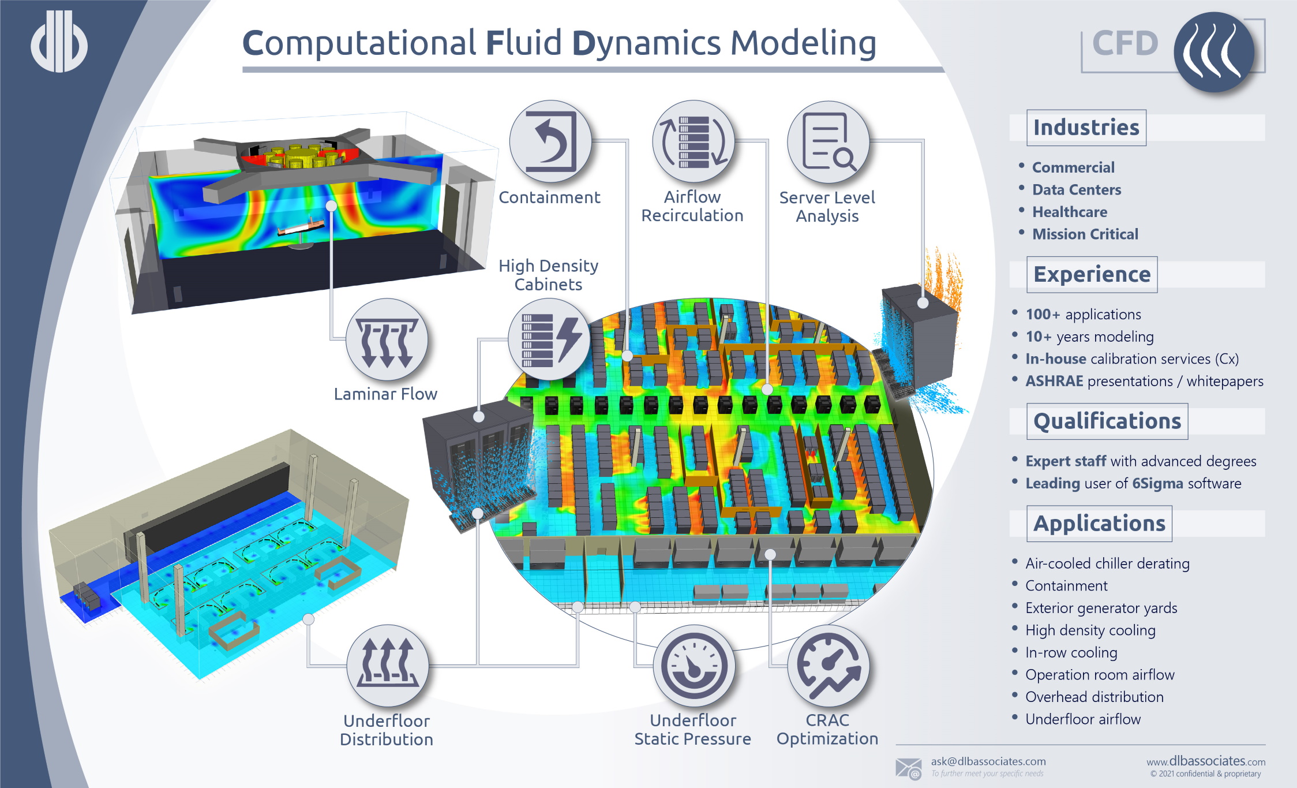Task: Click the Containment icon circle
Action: [550, 141]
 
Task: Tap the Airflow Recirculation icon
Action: [693, 141]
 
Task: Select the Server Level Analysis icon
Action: [828, 142]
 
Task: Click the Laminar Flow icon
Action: [387, 340]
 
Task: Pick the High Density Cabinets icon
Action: [549, 339]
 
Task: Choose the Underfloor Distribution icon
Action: [388, 666]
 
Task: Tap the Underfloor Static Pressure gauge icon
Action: [694, 666]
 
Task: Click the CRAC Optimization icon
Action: [829, 666]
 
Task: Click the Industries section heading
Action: [1086, 128]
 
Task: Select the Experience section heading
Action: [1092, 274]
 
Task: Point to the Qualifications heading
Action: [1107, 421]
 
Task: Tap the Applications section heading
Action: [1099, 523]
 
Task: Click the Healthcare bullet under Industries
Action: [1069, 212]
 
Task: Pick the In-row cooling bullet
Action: [1071, 652]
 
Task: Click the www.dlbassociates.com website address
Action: [1206, 761]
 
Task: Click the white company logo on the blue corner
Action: [59, 42]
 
